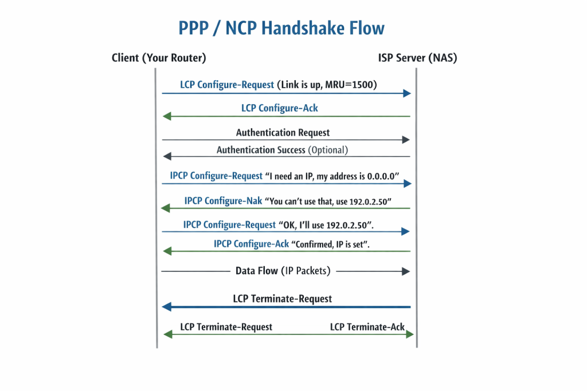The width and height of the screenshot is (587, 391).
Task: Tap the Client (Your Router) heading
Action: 159,58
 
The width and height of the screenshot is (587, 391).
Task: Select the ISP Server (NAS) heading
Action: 417,58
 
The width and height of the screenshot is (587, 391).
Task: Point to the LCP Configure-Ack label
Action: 280,108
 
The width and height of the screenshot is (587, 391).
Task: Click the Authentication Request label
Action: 283,133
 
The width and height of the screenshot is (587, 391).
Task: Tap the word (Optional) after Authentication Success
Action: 328,150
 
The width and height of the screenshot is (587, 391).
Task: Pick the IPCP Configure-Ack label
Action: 252,244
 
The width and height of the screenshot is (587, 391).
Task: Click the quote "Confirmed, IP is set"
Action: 331,244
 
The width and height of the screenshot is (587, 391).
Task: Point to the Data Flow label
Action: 257,271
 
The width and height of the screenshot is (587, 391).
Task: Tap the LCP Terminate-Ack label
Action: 367,327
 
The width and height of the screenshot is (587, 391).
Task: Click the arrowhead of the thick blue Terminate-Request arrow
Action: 167,307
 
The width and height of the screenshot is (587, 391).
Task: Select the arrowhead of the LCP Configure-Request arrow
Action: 407,93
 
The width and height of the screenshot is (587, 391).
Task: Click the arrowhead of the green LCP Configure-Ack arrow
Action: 167,116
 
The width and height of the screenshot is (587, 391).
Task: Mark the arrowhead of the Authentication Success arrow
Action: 166,156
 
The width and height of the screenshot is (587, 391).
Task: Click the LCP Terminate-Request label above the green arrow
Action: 226,327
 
